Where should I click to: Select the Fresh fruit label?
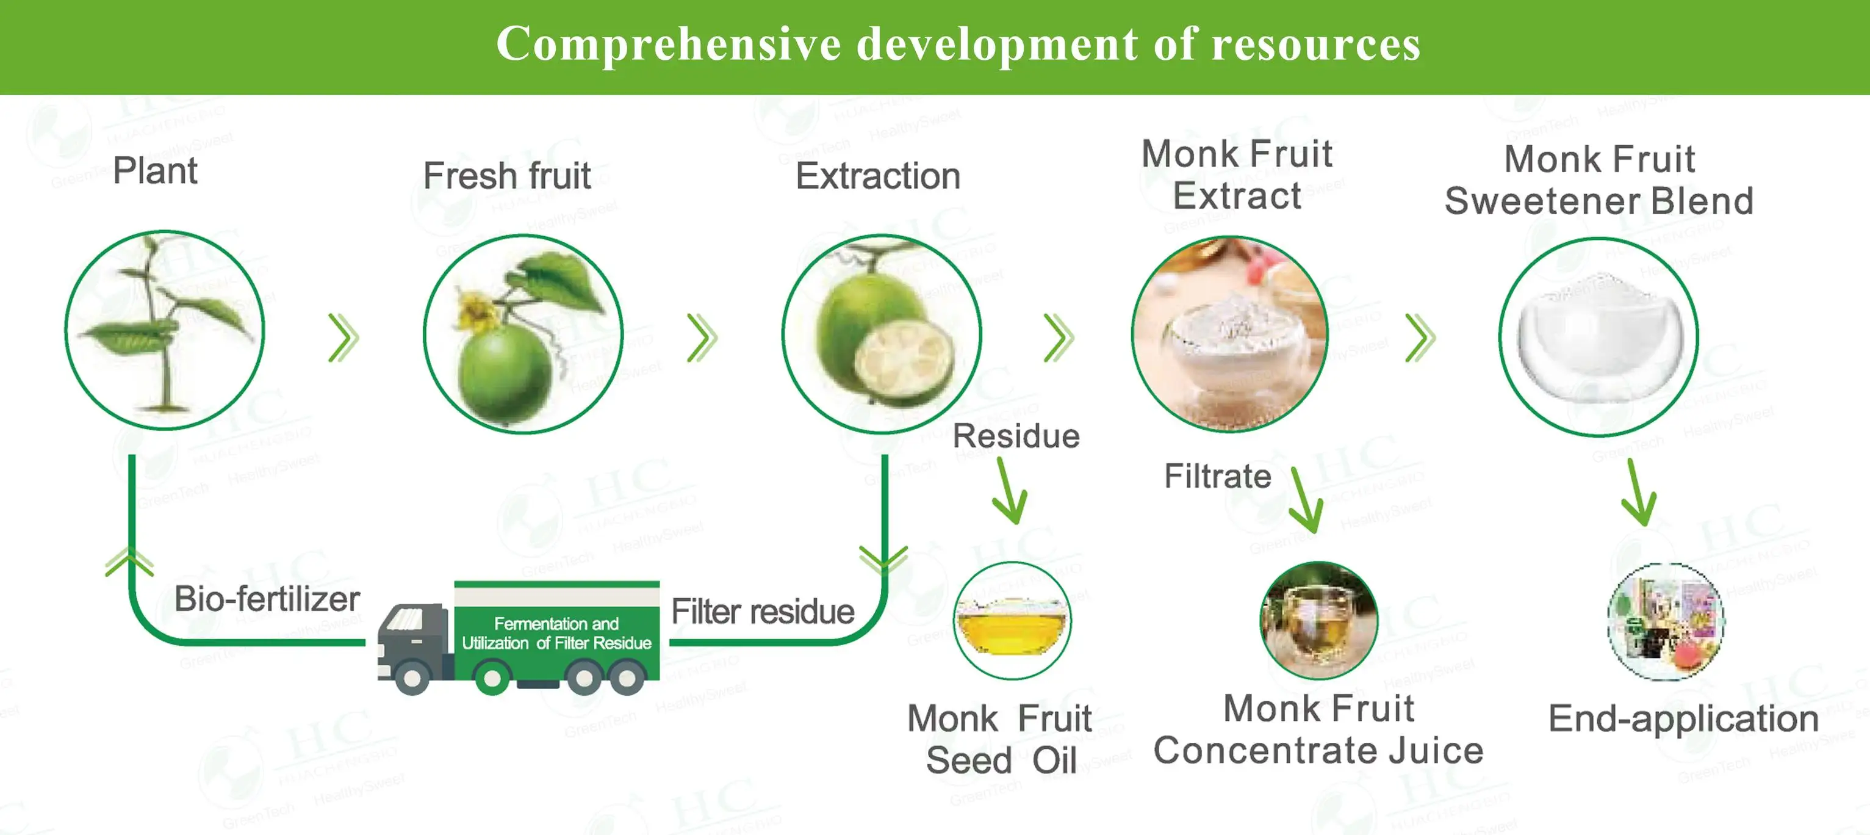507,176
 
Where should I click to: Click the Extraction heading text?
878,176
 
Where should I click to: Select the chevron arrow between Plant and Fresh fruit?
343,338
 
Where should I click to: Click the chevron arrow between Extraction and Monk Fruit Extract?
1058,338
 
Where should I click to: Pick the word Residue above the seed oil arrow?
1016,436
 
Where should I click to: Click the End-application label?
1683,719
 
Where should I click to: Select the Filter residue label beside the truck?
762,612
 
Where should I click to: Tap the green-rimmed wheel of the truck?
492,679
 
